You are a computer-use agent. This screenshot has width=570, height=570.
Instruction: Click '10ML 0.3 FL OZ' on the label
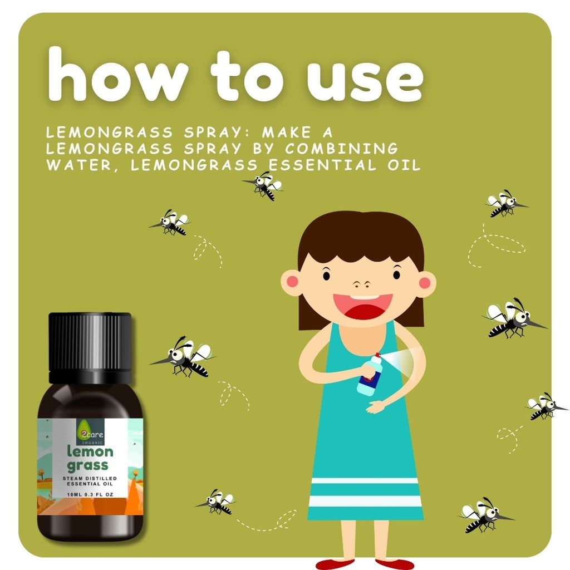click(90, 494)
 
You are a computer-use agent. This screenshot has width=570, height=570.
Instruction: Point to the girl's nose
click(362, 283)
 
